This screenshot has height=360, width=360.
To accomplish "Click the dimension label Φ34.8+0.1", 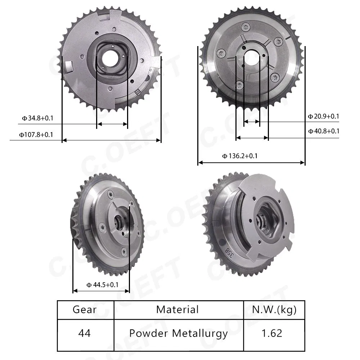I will [x=37, y=118].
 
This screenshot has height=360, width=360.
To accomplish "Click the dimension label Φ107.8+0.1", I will [x=36, y=135].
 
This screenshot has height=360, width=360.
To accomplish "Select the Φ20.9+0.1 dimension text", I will [x=323, y=116].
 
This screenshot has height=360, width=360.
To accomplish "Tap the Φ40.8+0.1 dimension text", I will [x=323, y=131].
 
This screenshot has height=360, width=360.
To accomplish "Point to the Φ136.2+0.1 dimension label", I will [x=240, y=156].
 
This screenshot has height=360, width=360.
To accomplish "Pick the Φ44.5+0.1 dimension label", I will [x=102, y=285].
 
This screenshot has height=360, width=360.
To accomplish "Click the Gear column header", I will [x=85, y=310].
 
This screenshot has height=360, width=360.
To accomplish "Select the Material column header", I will [x=177, y=310].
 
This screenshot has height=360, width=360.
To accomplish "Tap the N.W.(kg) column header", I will [x=274, y=310].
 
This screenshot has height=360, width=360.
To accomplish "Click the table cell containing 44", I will [x=85, y=333].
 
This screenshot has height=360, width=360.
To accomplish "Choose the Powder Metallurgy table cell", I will [x=179, y=333].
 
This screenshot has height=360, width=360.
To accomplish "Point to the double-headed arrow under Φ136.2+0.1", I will [x=251, y=163].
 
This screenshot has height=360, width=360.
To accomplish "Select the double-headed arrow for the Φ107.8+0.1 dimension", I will [x=111, y=140].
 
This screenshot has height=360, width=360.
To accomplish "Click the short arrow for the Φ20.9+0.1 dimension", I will [x=252, y=122].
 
